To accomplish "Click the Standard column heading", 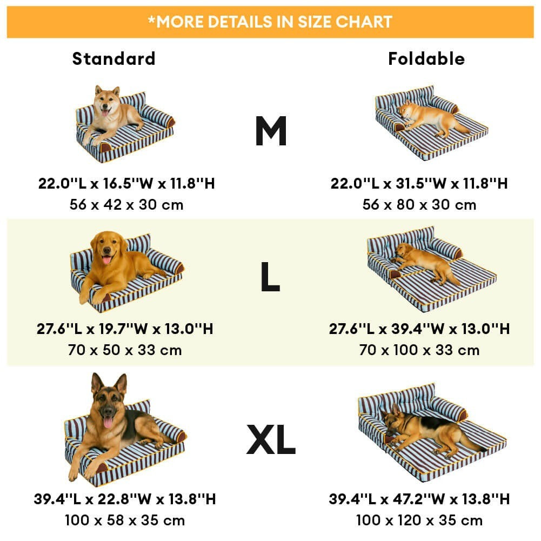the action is (x=114, y=59).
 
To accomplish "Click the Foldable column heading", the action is (x=426, y=59).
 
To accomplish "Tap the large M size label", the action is (x=271, y=131).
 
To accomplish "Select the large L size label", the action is (x=270, y=276).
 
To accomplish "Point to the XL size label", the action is (x=271, y=439).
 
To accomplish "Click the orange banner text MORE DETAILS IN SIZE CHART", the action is (x=270, y=22).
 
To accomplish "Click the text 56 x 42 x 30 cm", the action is (x=126, y=205).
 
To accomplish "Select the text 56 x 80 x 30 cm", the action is (x=419, y=205).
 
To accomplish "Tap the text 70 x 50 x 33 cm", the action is (x=125, y=350).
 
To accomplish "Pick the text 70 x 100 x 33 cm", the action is (x=419, y=350).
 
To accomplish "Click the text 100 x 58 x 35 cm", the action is (x=125, y=520).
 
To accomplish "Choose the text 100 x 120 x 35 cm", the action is (x=419, y=520).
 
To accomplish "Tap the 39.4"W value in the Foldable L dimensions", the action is (x=419, y=329).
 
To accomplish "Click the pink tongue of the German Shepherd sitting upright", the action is (x=108, y=423).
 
